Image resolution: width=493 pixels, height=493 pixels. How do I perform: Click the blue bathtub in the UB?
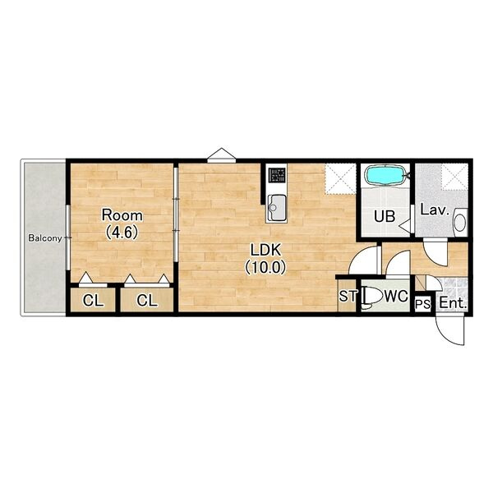(x=385, y=176)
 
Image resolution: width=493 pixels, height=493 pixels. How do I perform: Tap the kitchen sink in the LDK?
(x=276, y=208)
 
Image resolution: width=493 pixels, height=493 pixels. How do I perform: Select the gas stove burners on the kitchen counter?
(x=276, y=175)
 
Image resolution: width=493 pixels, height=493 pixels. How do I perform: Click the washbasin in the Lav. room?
(x=460, y=223)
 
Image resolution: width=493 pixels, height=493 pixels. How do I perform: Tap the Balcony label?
(x=45, y=238)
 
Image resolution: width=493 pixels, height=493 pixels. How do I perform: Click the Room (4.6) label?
(x=122, y=223)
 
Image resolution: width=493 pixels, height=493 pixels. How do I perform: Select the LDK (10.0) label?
(x=265, y=259)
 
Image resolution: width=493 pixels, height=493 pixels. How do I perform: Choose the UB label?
(x=385, y=217)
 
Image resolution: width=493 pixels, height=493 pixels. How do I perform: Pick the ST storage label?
(x=348, y=296)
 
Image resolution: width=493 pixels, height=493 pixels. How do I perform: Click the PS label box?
(x=423, y=304)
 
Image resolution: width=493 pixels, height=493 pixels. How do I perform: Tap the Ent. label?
(x=453, y=303)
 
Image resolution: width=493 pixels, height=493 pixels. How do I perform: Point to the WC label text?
(x=396, y=296)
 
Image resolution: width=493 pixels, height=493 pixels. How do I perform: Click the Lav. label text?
(x=435, y=210)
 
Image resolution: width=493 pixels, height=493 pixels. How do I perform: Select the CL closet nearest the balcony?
(x=93, y=300)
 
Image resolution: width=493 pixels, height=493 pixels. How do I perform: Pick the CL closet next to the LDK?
(x=147, y=300)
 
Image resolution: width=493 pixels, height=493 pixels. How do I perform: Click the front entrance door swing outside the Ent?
(x=450, y=330)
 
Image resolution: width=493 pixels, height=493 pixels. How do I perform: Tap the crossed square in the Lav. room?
(x=454, y=177)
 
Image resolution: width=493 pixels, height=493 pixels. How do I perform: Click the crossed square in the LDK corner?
(x=340, y=178)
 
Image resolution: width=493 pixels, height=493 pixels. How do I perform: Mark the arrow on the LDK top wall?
(x=222, y=155)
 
